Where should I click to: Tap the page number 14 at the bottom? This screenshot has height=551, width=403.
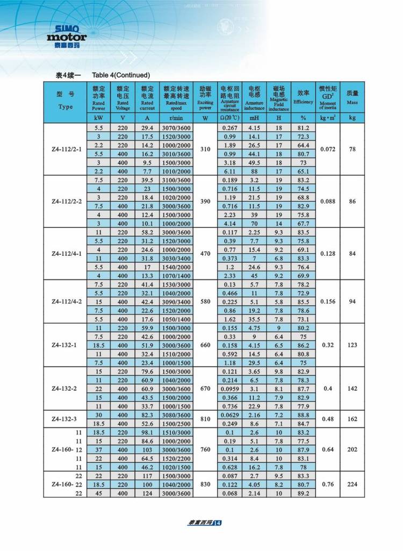[217, 523]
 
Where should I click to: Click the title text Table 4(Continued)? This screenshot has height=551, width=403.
[121, 75]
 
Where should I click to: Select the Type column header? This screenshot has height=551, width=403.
[65, 100]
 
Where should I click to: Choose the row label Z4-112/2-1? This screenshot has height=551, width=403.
[65, 149]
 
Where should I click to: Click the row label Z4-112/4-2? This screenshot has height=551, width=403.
[65, 302]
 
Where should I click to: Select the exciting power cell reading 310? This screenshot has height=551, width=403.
[205, 149]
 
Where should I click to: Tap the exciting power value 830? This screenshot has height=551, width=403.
[205, 484]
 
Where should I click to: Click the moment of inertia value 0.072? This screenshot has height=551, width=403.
[328, 149]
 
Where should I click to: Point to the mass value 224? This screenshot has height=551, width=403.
[352, 484]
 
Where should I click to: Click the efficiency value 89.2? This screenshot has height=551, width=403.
[304, 493]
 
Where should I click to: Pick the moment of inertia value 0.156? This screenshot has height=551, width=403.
[328, 302]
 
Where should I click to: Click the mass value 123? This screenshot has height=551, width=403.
[352, 345]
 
